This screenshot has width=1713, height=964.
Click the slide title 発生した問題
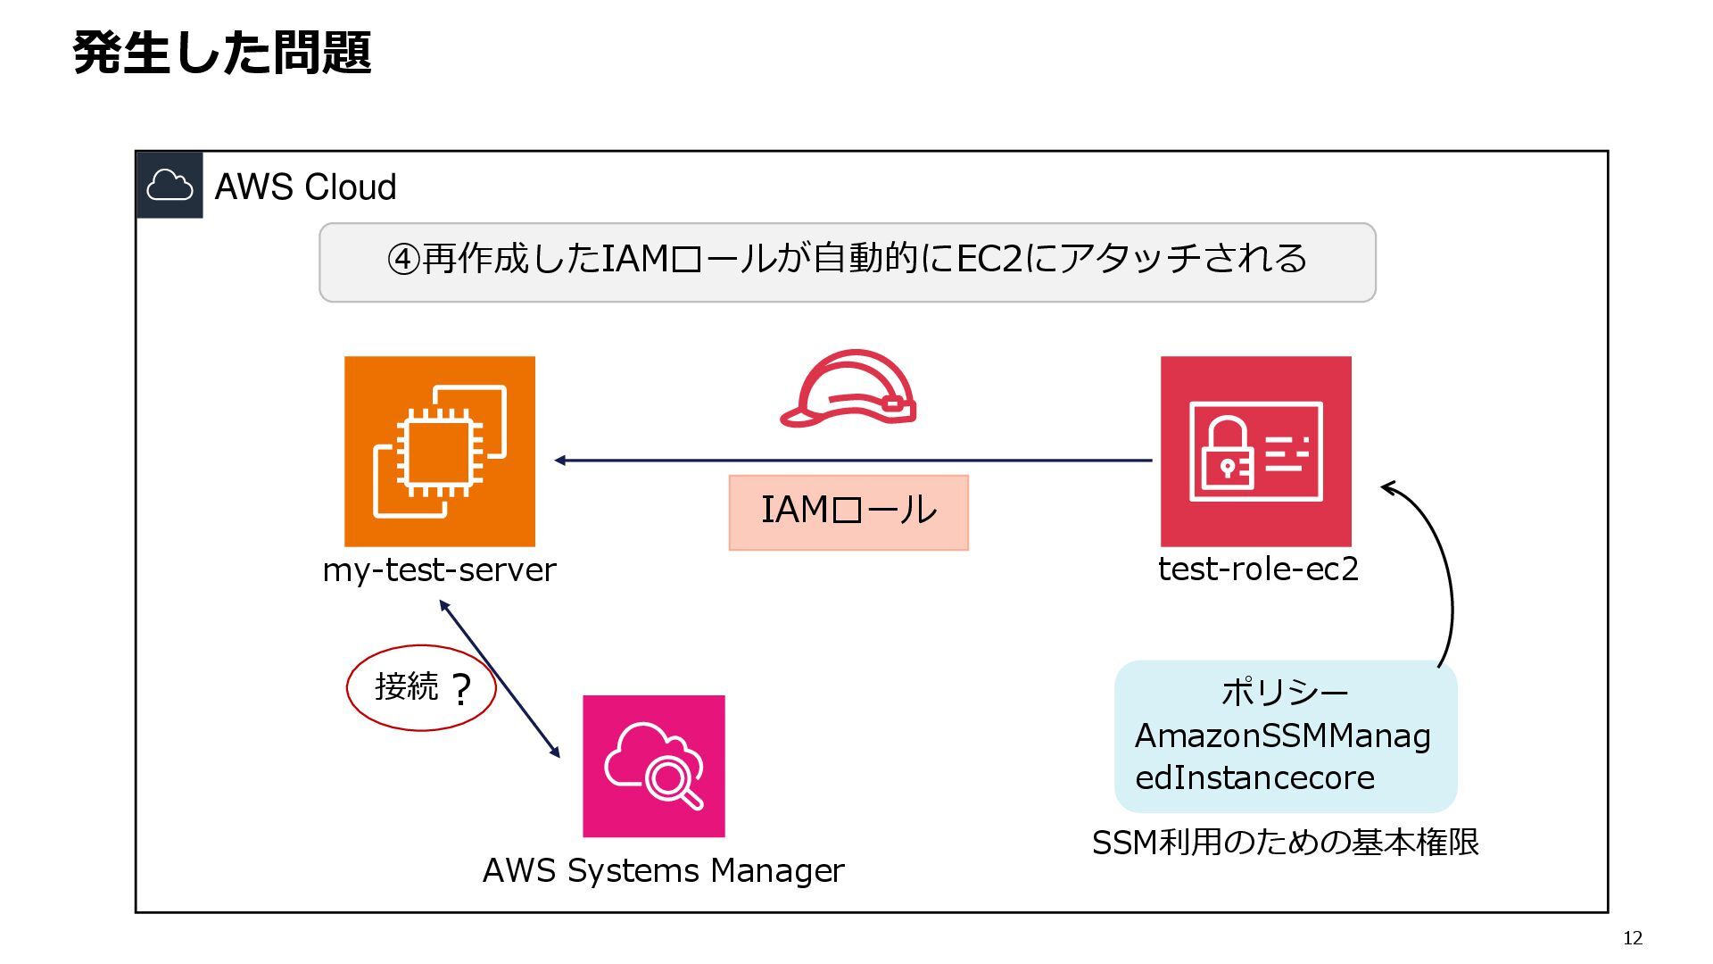[x=222, y=53]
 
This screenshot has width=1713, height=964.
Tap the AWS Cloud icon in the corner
[x=170, y=185]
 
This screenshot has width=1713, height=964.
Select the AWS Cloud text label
[x=305, y=187]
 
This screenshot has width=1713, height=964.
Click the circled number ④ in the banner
[x=403, y=259]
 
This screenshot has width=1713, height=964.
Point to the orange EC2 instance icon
[x=440, y=452]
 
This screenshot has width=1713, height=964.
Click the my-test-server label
[x=440, y=569]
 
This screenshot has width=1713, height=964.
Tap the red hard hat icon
[x=848, y=388]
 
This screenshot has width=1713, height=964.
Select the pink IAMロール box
[x=848, y=512]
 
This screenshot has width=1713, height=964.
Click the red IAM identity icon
[x=1256, y=452]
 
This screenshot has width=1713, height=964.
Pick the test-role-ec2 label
[x=1258, y=569]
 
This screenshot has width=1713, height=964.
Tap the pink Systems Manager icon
[x=654, y=767]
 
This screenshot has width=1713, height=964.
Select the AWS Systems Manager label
[x=663, y=870]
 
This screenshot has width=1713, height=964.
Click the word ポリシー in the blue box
[x=1285, y=693]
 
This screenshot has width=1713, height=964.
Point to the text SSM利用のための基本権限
[x=1286, y=842]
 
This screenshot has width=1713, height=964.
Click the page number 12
[x=1633, y=938]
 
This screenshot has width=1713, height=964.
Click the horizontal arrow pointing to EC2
[x=853, y=461]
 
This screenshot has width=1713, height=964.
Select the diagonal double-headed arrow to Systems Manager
[x=500, y=679]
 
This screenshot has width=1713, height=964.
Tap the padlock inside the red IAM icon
[x=1227, y=452]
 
